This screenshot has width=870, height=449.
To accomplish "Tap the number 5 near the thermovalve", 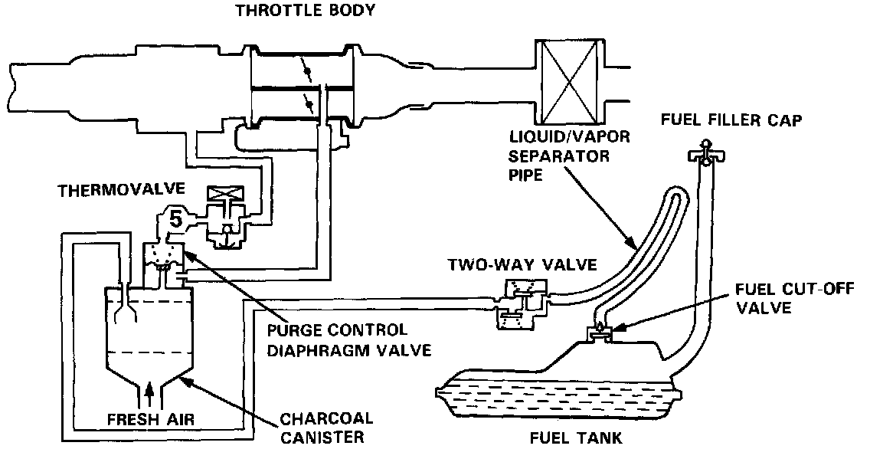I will (176, 220).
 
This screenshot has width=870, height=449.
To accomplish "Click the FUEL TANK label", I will (575, 438).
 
